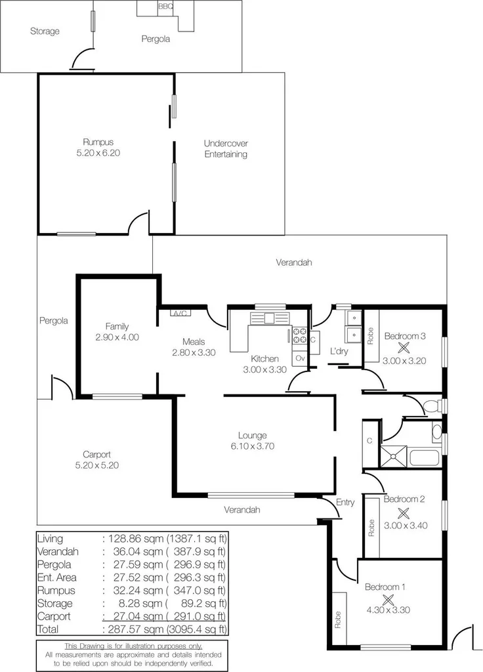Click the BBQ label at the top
click(x=166, y=6)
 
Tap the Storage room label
click(x=45, y=31)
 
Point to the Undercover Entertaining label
click(x=226, y=149)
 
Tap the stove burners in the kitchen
click(x=299, y=336)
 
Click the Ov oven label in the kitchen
click(x=300, y=358)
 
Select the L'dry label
click(x=339, y=352)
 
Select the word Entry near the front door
click(x=345, y=503)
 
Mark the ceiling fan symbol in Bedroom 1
click(x=387, y=598)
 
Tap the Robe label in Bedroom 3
click(x=371, y=336)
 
